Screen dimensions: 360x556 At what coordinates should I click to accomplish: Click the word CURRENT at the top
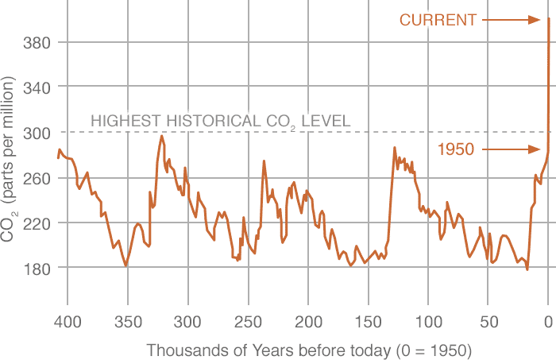click(438, 20)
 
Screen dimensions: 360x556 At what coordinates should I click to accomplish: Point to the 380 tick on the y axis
click(35, 42)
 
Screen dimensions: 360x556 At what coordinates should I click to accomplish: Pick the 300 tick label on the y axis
click(35, 132)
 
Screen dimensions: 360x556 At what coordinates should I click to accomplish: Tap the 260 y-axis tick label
click(35, 177)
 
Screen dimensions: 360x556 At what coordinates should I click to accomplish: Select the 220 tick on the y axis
click(35, 223)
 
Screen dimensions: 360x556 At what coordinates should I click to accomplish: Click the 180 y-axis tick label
click(35, 268)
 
